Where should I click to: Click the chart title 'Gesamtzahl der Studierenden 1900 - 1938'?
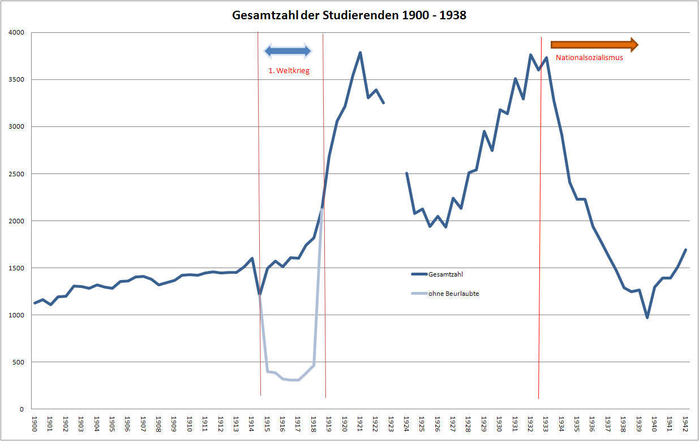[x=349, y=15]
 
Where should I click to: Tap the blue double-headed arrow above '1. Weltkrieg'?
[x=288, y=51]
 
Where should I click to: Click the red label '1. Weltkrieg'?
[x=289, y=71]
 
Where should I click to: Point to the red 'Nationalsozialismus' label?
[x=589, y=57]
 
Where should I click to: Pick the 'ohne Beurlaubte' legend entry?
[x=453, y=294]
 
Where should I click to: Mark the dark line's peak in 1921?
[x=360, y=53]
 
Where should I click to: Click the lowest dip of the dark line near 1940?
[x=647, y=317]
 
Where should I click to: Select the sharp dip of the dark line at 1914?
[x=259, y=294]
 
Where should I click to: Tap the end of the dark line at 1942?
[x=685, y=250]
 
